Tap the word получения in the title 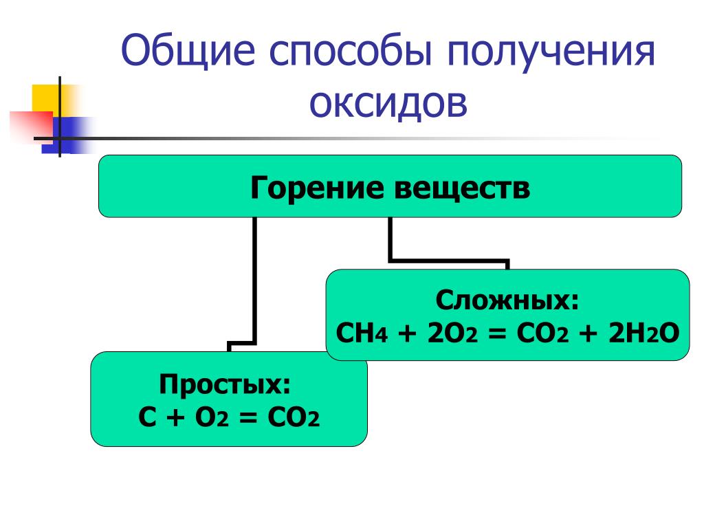[551, 51]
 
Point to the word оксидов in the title [388, 103]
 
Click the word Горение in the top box [317, 188]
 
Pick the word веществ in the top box [463, 188]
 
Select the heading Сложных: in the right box [507, 300]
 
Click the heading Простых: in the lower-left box [225, 384]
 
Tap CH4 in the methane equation [362, 333]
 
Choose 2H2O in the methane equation [643, 333]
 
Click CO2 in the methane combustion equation [542, 333]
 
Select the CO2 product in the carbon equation [294, 417]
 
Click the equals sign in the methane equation [497, 334]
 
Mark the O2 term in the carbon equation [212, 417]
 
